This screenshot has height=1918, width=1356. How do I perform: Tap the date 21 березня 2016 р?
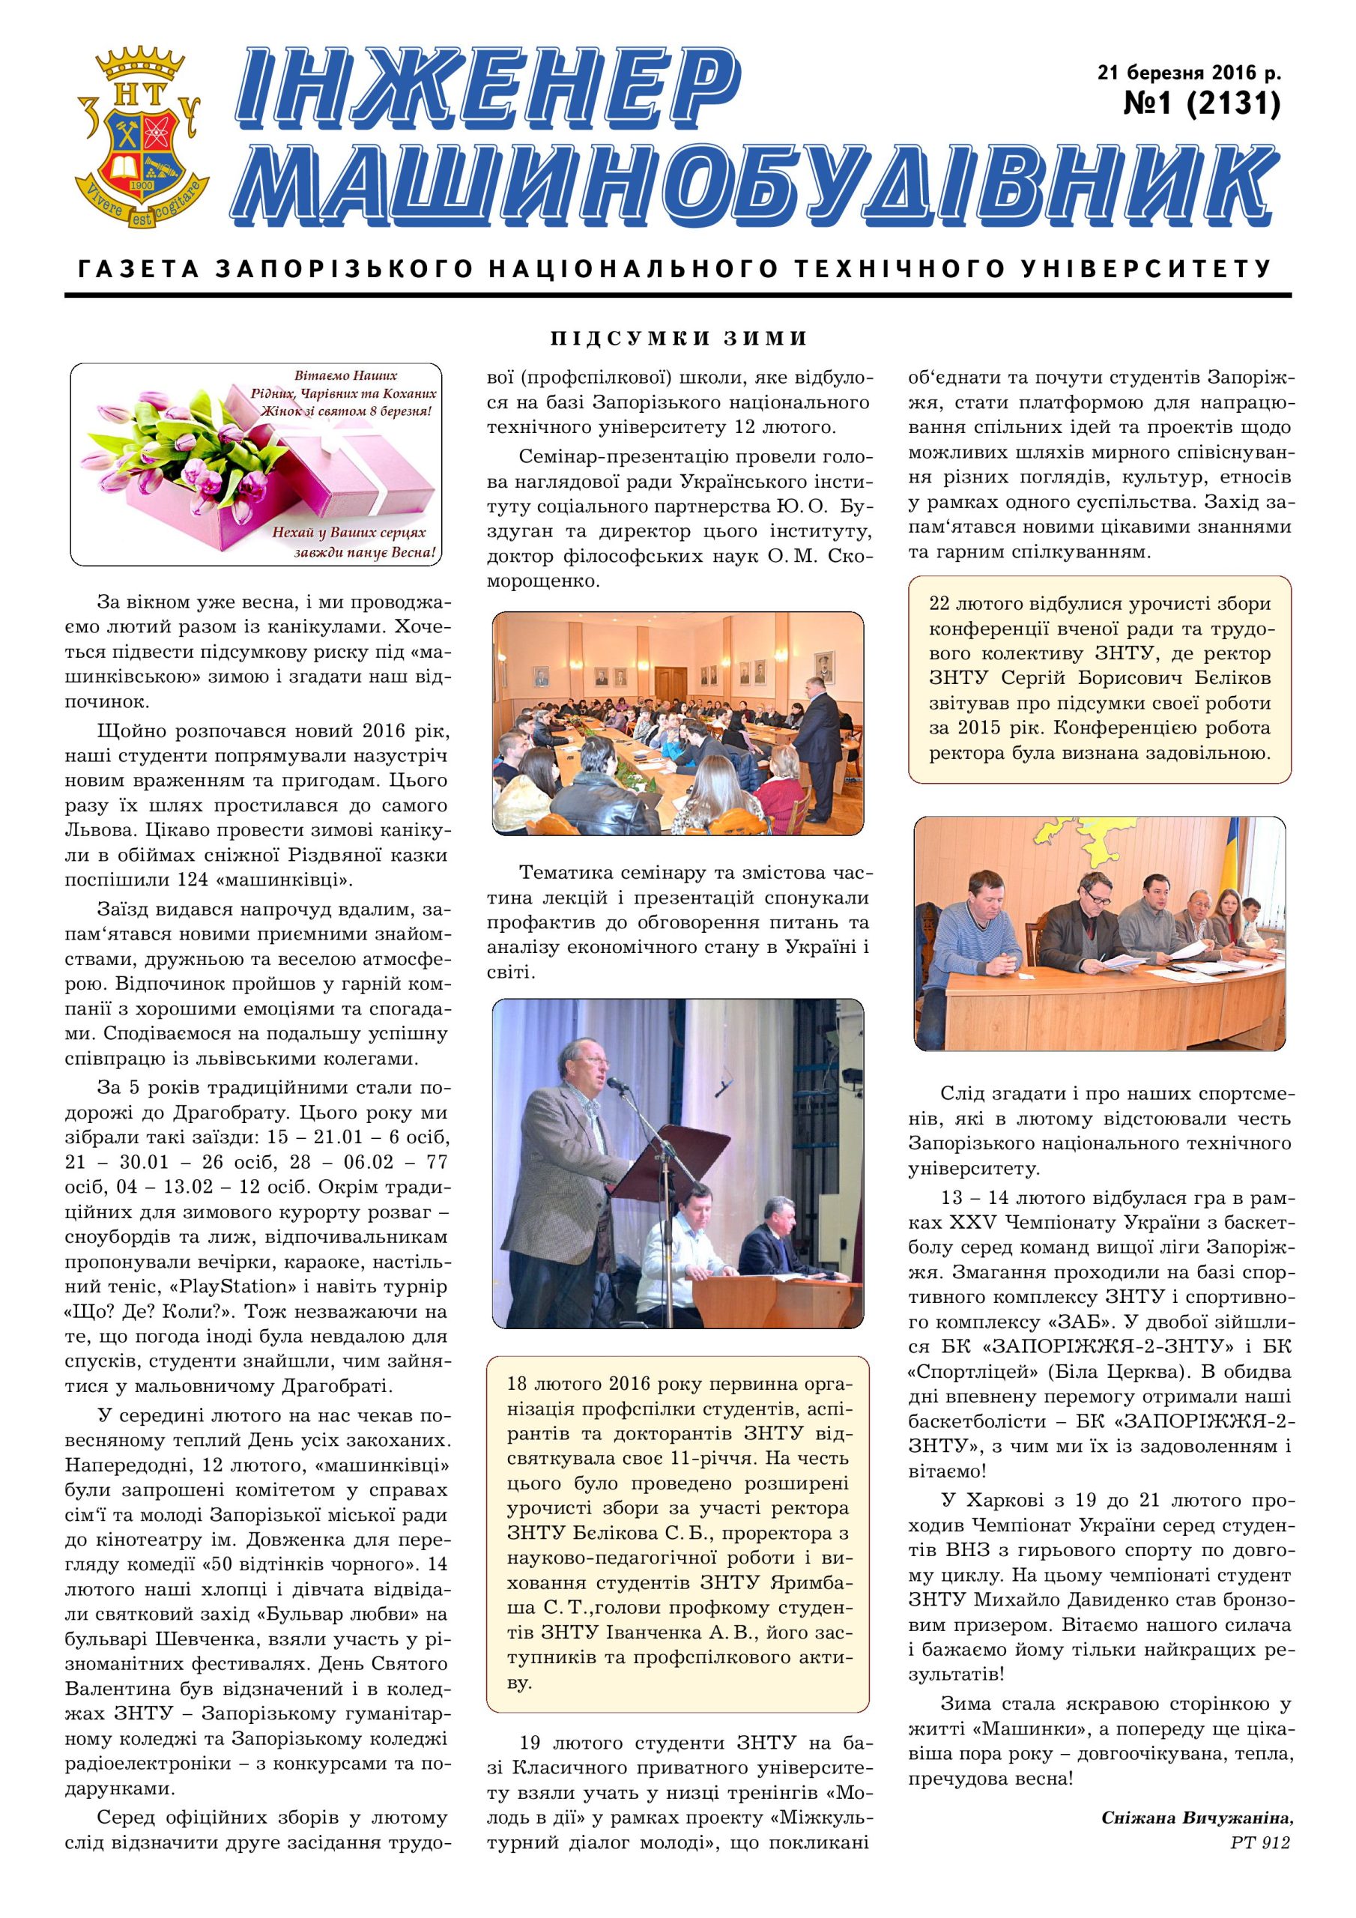[1189, 73]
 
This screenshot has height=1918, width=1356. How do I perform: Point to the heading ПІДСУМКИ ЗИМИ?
[679, 339]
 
